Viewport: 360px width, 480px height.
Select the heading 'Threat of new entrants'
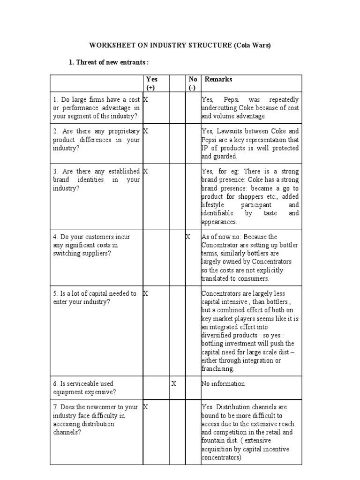click(x=112, y=62)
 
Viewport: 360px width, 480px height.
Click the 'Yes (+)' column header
click(x=152, y=83)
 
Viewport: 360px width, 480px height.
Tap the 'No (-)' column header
click(x=193, y=83)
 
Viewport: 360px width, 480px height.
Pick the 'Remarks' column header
click(x=218, y=79)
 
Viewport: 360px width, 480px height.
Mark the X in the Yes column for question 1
click(x=146, y=99)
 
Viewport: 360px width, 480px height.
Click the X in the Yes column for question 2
click(x=146, y=131)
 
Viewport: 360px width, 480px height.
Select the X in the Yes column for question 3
click(x=146, y=172)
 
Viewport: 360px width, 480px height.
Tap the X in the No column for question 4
click(x=188, y=237)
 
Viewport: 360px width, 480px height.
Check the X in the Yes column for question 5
click(x=146, y=293)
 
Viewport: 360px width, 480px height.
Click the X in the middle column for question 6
click(x=173, y=383)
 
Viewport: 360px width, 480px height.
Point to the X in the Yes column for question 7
click(x=146, y=407)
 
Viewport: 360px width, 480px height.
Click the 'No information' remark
click(x=223, y=383)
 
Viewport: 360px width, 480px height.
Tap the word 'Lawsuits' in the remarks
click(x=231, y=131)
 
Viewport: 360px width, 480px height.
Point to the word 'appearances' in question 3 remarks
click(x=219, y=222)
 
